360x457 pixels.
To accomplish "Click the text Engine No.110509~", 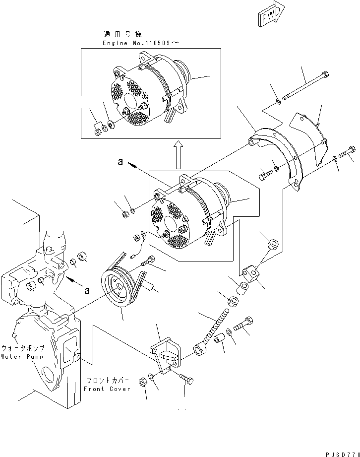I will tap(140, 43).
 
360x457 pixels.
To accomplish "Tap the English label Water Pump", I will tap(22, 357).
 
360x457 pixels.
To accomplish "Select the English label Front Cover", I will tap(108, 389).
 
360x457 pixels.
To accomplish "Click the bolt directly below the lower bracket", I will tap(187, 381).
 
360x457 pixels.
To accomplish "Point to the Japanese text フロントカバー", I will tap(108, 381).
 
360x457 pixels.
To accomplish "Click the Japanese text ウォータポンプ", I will tap(22, 349).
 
